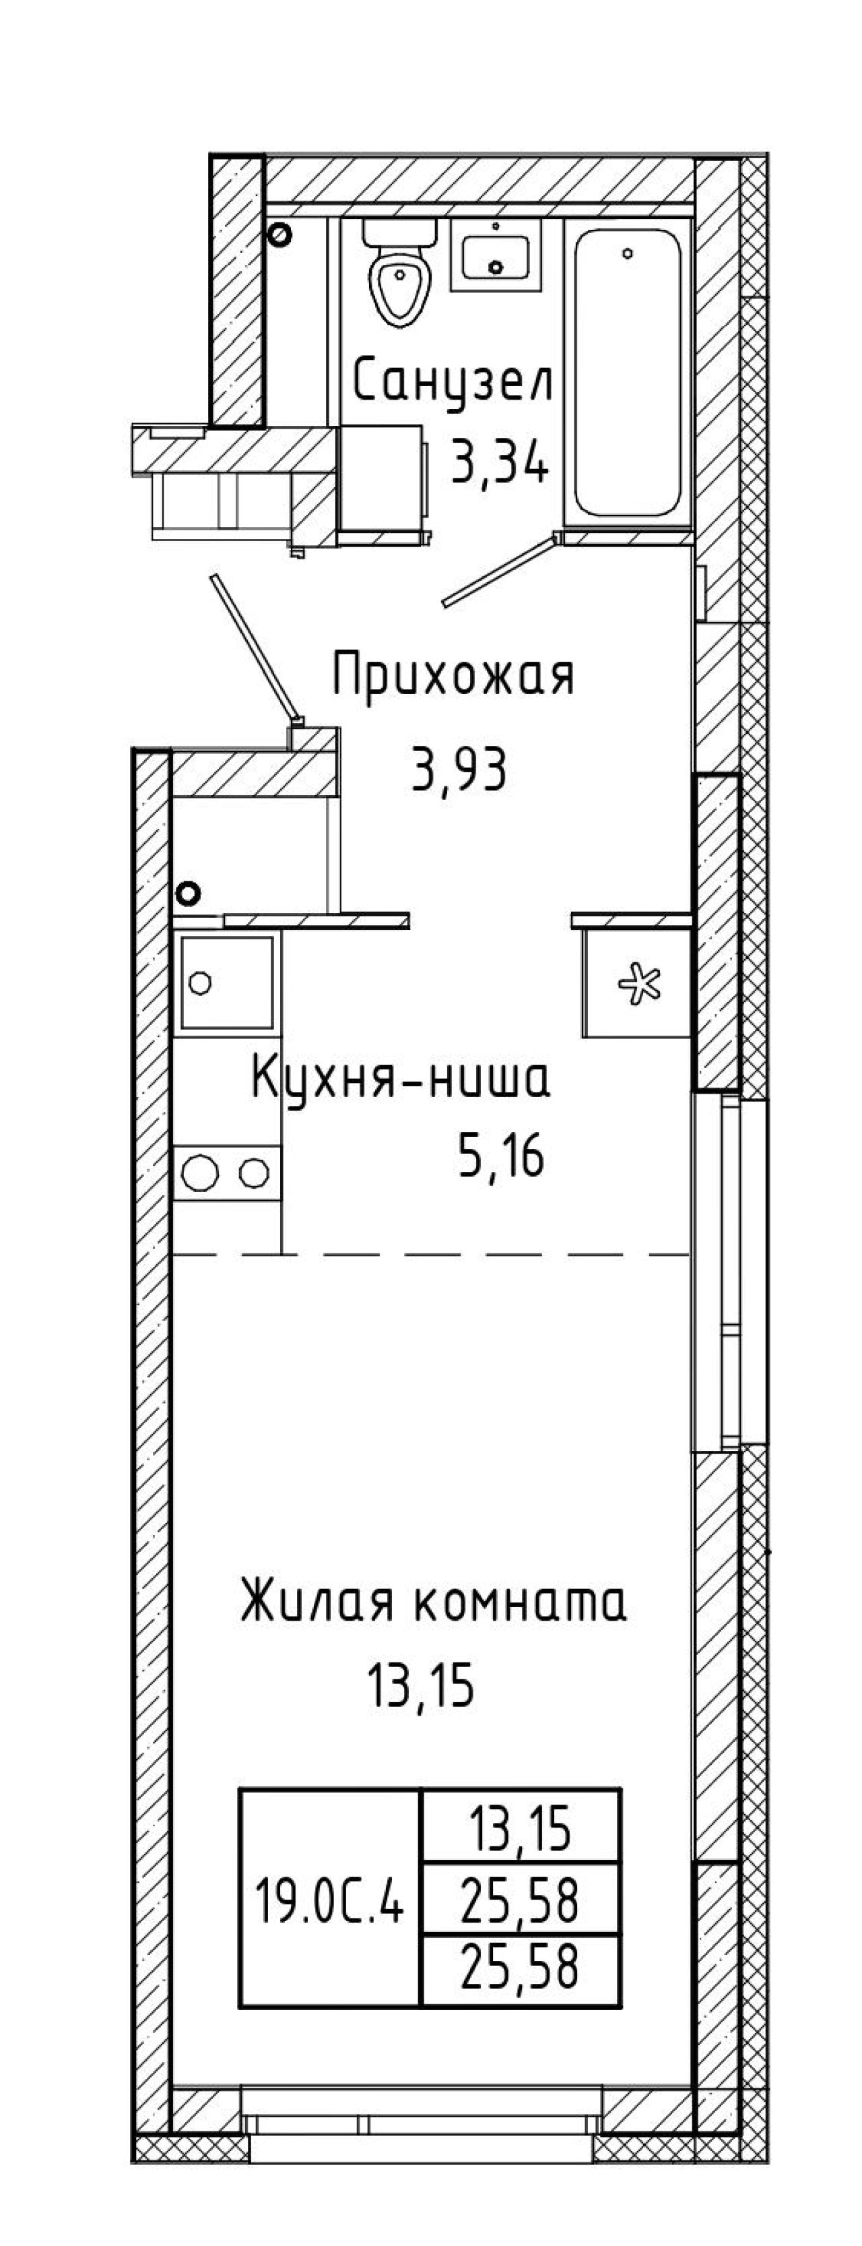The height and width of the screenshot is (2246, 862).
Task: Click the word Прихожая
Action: pos(453,676)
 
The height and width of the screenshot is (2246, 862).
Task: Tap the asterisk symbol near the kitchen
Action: pos(639,983)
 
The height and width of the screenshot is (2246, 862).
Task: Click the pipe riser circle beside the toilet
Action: pos(279,234)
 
